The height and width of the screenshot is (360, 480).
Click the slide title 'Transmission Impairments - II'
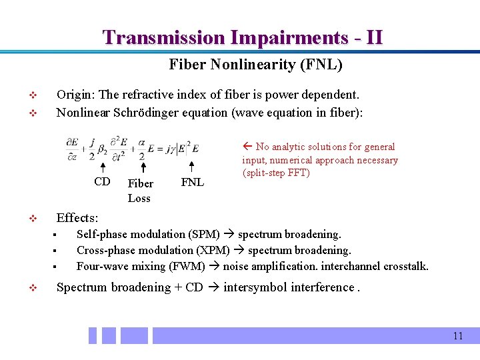pos(243,37)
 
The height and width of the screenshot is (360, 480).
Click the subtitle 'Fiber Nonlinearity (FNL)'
pos(255,65)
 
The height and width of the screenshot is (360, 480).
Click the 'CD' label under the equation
pos(102,182)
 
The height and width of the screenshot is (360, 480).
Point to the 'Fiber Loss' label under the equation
pos(140,191)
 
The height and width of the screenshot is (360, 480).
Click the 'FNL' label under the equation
pos(193,183)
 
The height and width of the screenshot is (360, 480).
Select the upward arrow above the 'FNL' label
pos(191,167)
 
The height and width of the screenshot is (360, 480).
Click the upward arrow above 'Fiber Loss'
pos(143,167)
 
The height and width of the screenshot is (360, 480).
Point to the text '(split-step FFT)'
pos(276,173)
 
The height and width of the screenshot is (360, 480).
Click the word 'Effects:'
pos(77,218)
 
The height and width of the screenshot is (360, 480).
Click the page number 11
pos(457,336)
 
